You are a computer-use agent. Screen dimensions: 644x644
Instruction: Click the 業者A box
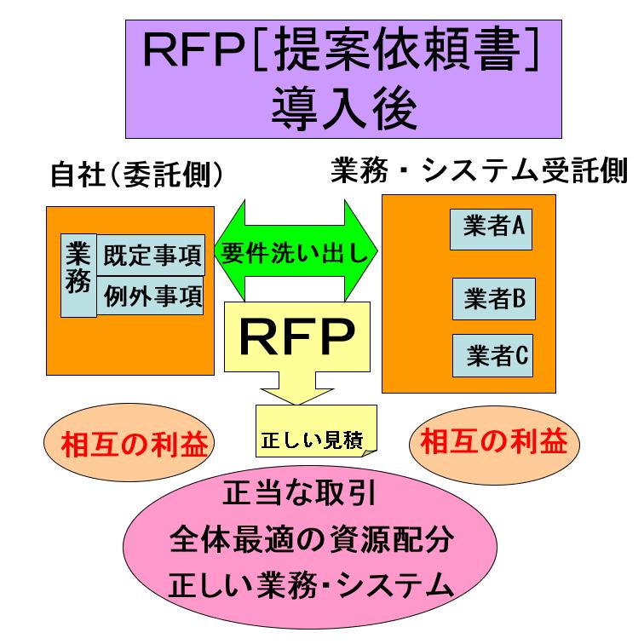pyautogui.click(x=492, y=227)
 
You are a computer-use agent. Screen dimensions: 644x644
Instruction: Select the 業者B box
pyautogui.click(x=493, y=298)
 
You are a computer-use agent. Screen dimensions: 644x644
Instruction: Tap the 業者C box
pyautogui.click(x=493, y=356)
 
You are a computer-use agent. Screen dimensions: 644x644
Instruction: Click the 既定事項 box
pyautogui.click(x=152, y=256)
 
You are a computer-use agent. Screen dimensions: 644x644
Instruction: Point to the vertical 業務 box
pyautogui.click(x=78, y=275)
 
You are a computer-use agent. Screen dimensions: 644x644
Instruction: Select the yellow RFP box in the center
pyautogui.click(x=297, y=336)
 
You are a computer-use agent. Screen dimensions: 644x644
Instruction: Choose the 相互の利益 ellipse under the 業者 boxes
pyautogui.click(x=494, y=442)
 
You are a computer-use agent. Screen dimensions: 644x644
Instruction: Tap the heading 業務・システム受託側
pyautogui.click(x=478, y=172)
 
